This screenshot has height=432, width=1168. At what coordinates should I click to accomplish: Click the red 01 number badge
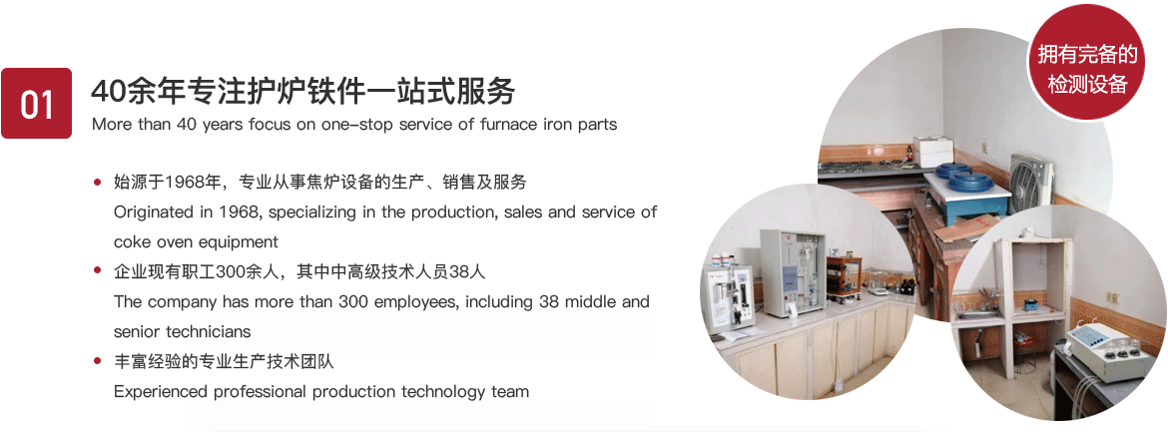click(x=37, y=104)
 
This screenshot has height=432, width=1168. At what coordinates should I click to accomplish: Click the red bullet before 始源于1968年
click(x=97, y=182)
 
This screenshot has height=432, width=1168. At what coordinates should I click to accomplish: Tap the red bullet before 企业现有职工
click(x=97, y=271)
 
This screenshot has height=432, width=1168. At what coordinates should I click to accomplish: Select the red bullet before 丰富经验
click(x=97, y=362)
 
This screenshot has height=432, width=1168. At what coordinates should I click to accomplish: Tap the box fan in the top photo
click(x=1031, y=183)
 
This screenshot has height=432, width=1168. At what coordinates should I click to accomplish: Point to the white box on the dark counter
click(x=932, y=151)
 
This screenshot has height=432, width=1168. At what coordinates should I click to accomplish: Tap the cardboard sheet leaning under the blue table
click(x=965, y=228)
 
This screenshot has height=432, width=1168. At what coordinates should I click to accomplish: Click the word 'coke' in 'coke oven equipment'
click(x=131, y=242)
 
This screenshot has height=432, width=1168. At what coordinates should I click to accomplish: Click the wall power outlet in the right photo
click(x=1111, y=298)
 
